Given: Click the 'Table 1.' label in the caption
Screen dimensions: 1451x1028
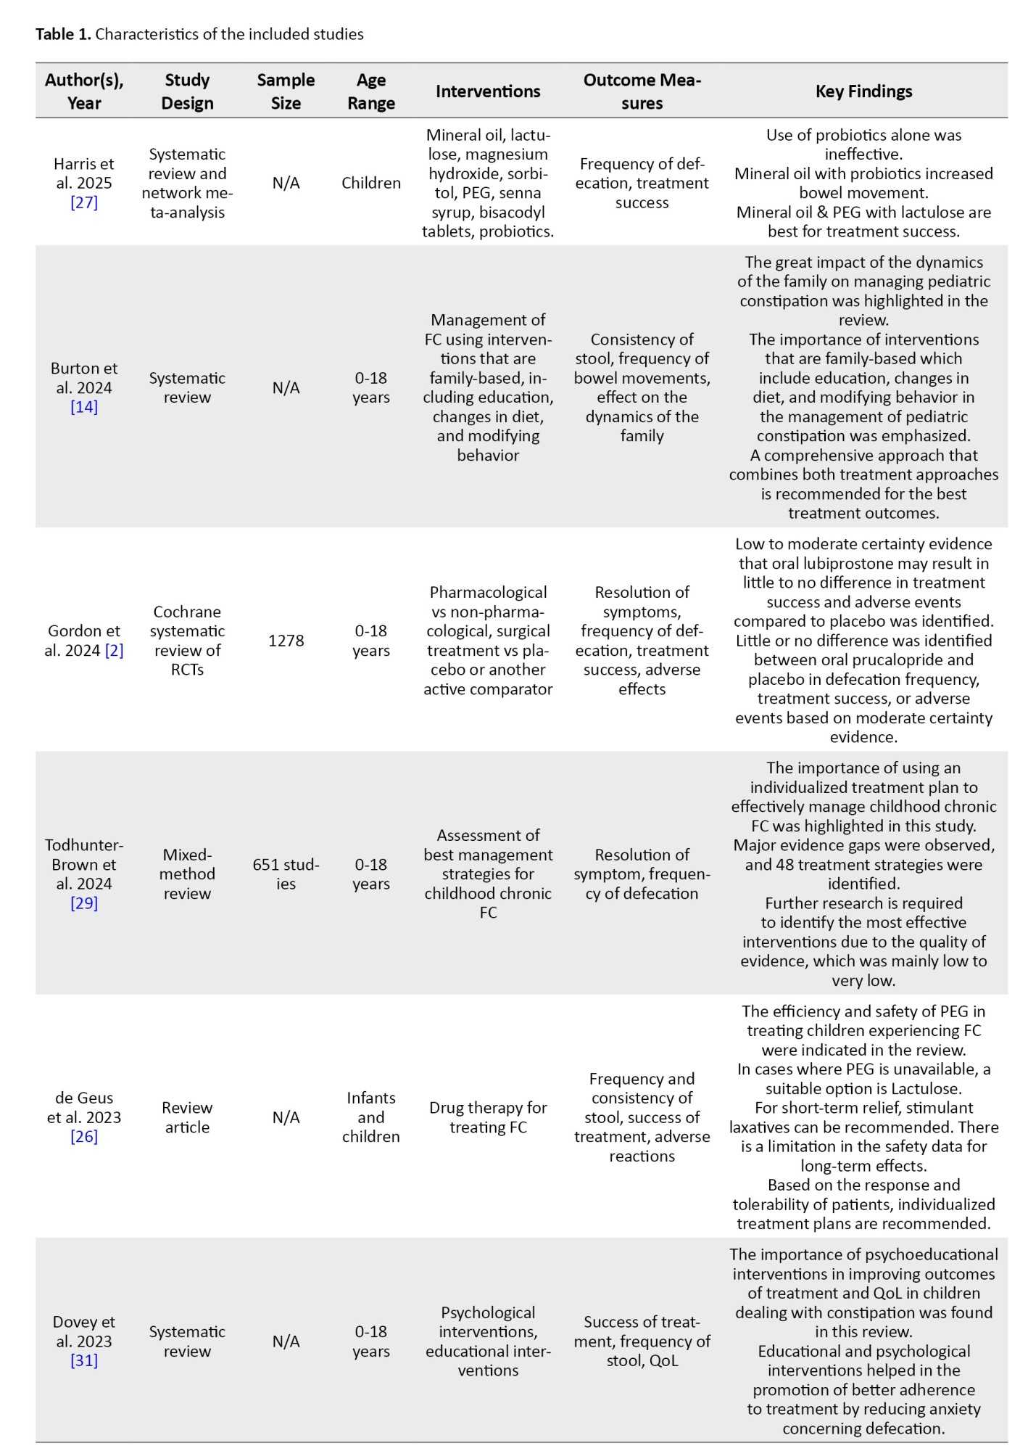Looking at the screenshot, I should pyautogui.click(x=63, y=34).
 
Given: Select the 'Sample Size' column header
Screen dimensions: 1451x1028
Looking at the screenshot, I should pyautogui.click(x=286, y=91).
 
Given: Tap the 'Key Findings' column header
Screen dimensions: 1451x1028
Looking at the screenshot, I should pyautogui.click(x=863, y=91).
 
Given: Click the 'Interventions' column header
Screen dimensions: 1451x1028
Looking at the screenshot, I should pyautogui.click(x=487, y=91).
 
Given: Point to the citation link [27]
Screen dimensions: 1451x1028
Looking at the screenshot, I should pyautogui.click(x=84, y=202).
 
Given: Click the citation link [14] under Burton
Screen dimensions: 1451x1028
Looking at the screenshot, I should pyautogui.click(x=84, y=407).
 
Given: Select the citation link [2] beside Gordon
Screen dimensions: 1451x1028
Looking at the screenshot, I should pyautogui.click(x=114, y=651).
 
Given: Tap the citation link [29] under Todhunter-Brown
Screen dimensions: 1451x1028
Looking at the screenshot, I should pyautogui.click(x=84, y=903).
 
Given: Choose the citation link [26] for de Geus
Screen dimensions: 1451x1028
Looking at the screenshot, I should pyautogui.click(x=84, y=1137).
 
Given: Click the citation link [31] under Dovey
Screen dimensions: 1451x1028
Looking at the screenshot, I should pyautogui.click(x=84, y=1361).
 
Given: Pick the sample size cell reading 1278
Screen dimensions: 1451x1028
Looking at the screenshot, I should pyautogui.click(x=286, y=641).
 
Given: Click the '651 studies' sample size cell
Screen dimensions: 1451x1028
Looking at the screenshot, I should pyautogui.click(x=286, y=874).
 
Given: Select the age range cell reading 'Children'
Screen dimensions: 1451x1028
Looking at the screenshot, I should pyautogui.click(x=370, y=183).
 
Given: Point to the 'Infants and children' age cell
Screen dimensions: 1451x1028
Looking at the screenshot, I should pyautogui.click(x=370, y=1117).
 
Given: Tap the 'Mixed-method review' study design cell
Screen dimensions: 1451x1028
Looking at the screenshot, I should pyautogui.click(x=187, y=874).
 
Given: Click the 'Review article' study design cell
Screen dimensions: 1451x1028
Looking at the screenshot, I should pyautogui.click(x=187, y=1117).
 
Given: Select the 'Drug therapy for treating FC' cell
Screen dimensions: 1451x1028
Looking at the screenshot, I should pyautogui.click(x=487, y=1117).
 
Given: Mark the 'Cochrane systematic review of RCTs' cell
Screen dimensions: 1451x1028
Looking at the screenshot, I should pyautogui.click(x=187, y=641).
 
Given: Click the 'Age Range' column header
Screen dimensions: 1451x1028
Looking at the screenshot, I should pyautogui.click(x=370, y=91).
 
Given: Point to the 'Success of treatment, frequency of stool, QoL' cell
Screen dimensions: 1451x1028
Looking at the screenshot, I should pyautogui.click(x=642, y=1341).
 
